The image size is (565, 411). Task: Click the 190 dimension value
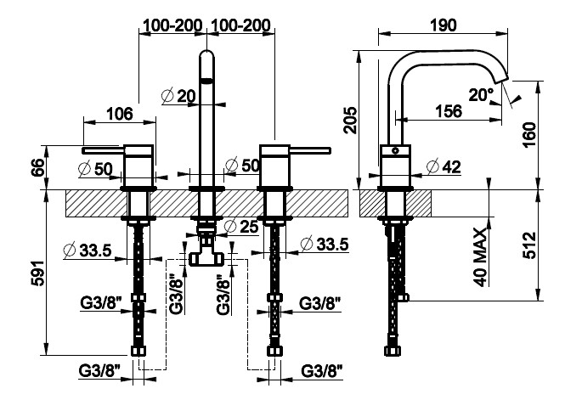(x=444, y=25)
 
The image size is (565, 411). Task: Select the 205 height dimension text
(x=350, y=121)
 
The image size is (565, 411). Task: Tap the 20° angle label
(x=481, y=95)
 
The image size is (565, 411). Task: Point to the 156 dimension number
(x=449, y=111)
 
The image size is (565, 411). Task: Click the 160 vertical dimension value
(x=530, y=134)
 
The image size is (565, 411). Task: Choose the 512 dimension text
(x=530, y=245)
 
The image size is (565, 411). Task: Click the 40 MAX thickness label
(x=480, y=256)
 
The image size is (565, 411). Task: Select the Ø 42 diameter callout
(x=444, y=166)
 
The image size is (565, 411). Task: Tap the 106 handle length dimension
(x=120, y=114)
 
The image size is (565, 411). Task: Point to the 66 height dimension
(x=38, y=166)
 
